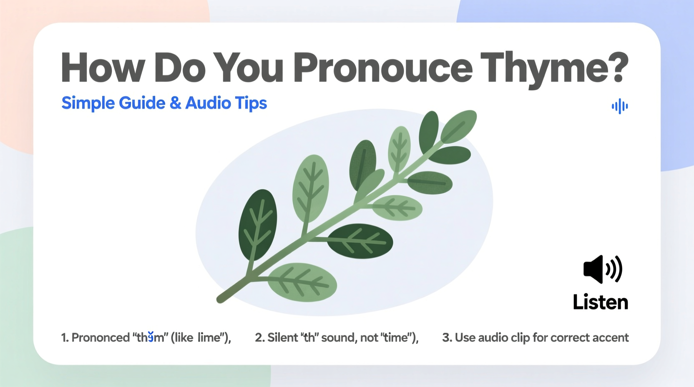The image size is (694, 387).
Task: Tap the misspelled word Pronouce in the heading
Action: coord(383,68)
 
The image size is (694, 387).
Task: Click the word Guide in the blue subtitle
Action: coord(142,103)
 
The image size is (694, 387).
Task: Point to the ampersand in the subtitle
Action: coord(176,103)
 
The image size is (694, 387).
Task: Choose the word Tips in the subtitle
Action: coord(251,103)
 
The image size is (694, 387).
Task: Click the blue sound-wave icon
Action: coord(620,106)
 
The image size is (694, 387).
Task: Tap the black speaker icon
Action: coord(602,269)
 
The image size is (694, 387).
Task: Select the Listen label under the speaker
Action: coord(600,302)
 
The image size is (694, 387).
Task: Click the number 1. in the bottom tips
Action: coord(65,337)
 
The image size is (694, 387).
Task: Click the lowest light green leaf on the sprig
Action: coord(302,282)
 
